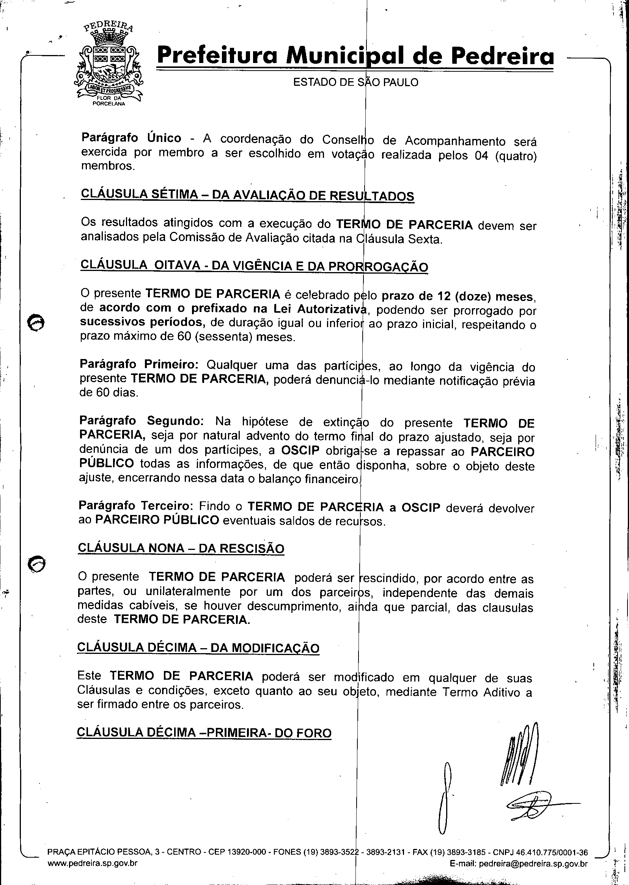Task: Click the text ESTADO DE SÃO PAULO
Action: pyautogui.click(x=355, y=82)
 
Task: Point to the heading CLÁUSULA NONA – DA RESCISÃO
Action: pyautogui.click(x=181, y=548)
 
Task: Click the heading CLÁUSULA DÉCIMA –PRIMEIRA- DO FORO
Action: pyautogui.click(x=204, y=732)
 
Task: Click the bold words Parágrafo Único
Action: pyautogui.click(x=131, y=138)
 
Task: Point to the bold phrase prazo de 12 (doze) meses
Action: pyautogui.click(x=457, y=296)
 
